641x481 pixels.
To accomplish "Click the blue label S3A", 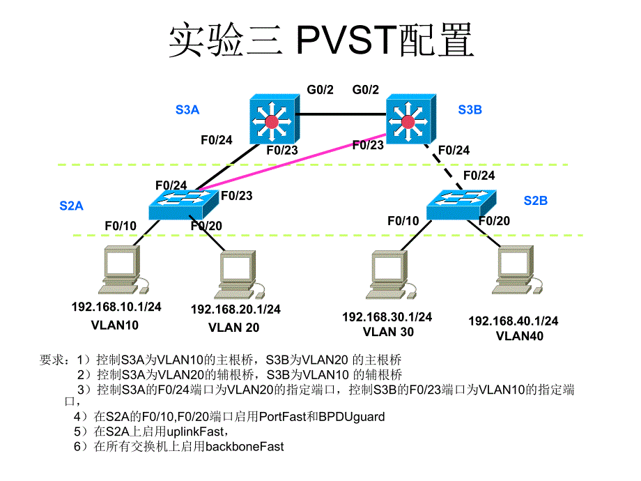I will coord(187,109).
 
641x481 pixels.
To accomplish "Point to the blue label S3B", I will coord(470,109).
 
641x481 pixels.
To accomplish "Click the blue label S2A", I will coord(71,206).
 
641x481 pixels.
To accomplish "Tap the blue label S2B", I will coord(536,201).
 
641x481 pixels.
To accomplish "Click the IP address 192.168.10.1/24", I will coord(116,307).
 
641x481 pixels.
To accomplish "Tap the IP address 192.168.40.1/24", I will coord(513,321).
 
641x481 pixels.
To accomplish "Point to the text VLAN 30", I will coord(388,332).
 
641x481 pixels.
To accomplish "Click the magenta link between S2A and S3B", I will coord(293,161).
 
